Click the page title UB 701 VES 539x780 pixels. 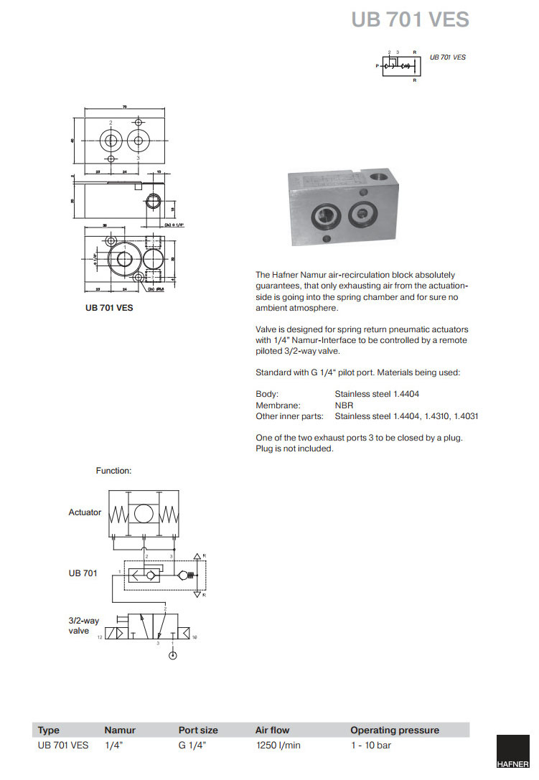[x=410, y=19]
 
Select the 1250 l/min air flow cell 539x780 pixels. [x=278, y=746]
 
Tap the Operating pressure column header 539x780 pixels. [x=394, y=730]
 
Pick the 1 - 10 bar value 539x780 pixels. [x=370, y=746]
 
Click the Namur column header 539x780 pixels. [x=120, y=730]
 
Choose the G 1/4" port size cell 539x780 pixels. [x=192, y=746]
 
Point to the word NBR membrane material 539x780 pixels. [x=344, y=405]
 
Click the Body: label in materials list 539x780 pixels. [x=267, y=395]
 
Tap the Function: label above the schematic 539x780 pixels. [x=114, y=471]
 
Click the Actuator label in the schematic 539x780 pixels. [x=85, y=512]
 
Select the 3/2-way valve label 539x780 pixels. [x=83, y=626]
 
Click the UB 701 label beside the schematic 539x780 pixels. [x=83, y=573]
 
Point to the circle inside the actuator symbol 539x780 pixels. [x=144, y=513]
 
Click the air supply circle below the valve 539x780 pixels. [x=171, y=654]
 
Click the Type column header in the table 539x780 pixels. [x=49, y=730]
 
